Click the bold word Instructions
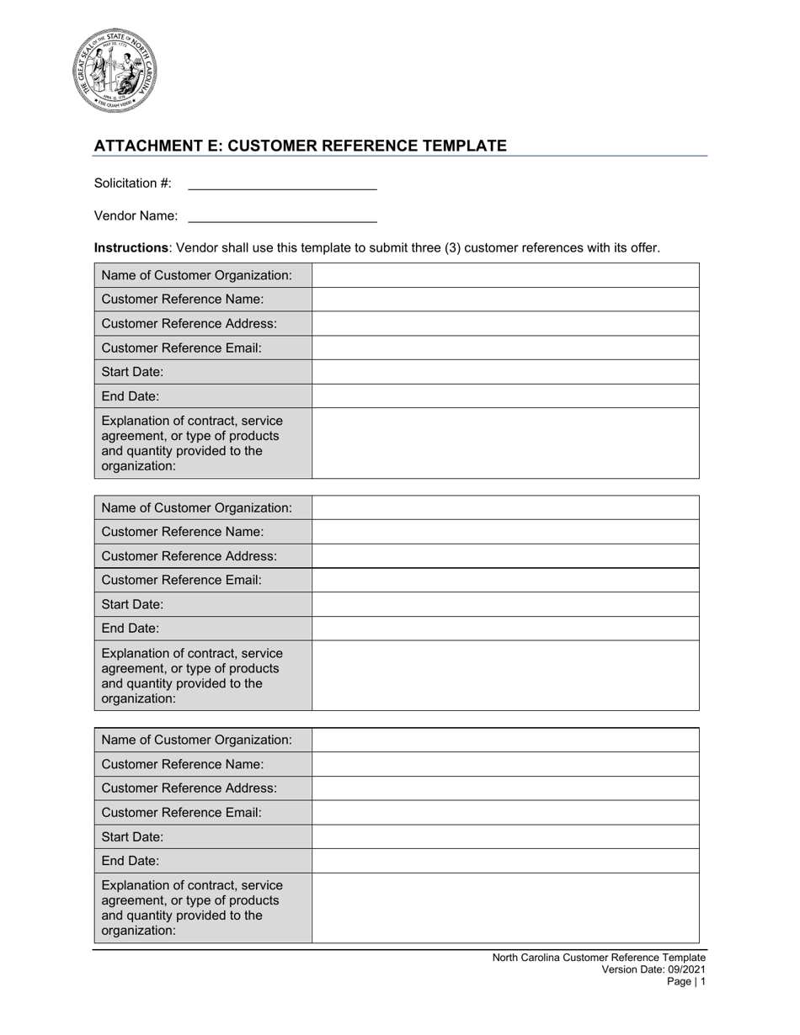pyautogui.click(x=131, y=247)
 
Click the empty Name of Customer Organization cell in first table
pyautogui.click(x=505, y=275)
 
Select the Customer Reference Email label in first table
pyautogui.click(x=181, y=348)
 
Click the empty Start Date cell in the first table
pyautogui.click(x=505, y=372)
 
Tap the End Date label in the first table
pyautogui.click(x=130, y=395)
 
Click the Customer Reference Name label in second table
pyautogui.click(x=182, y=532)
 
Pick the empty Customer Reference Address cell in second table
pyautogui.click(x=505, y=556)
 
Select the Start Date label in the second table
pyautogui.click(x=132, y=604)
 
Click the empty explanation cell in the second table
pyautogui.click(x=505, y=676)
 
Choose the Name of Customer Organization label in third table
pyautogui.click(x=196, y=740)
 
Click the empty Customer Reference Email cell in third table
pyautogui.click(x=505, y=812)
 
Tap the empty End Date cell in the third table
pyautogui.click(x=505, y=861)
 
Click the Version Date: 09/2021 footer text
pyautogui.click(x=653, y=969)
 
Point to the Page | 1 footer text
pyautogui.click(x=686, y=981)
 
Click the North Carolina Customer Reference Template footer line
pyautogui.click(x=599, y=958)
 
